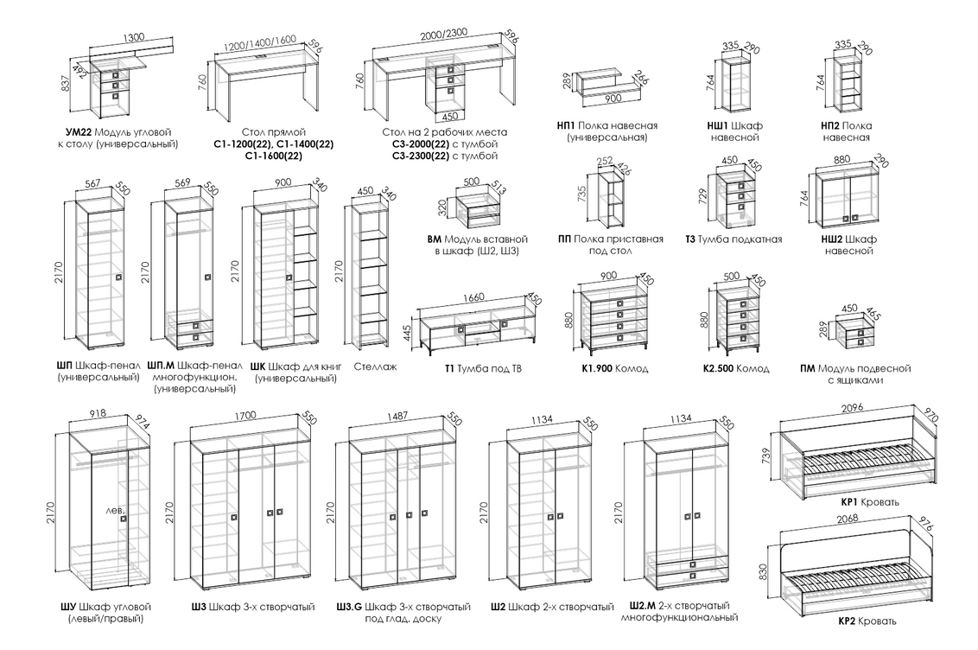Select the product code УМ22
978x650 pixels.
pos(79,132)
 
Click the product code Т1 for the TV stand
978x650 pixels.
pos(449,368)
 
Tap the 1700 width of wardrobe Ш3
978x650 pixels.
pos(245,416)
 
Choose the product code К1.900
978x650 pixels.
pos(594,368)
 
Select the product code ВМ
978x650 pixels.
pos(435,239)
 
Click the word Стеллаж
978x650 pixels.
pos(375,366)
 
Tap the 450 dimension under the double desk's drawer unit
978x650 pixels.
pos(449,116)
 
